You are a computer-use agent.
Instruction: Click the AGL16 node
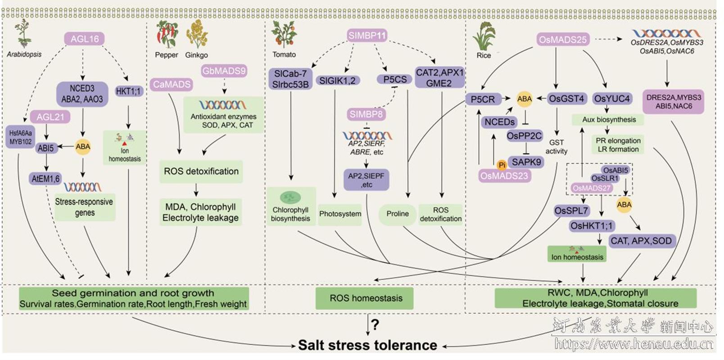click(85, 39)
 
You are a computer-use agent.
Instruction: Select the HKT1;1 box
click(128, 91)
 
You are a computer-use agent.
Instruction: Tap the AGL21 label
click(50, 117)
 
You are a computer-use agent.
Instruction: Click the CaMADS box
click(172, 84)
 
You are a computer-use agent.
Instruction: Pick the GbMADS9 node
click(224, 71)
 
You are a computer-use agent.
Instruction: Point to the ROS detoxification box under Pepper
click(201, 171)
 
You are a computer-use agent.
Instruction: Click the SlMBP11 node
click(367, 35)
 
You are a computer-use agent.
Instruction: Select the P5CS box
click(395, 80)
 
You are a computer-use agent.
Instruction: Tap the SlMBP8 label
click(366, 114)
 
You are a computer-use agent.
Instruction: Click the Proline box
click(398, 214)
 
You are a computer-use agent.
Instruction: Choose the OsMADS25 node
click(562, 40)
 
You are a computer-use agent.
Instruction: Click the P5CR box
click(483, 99)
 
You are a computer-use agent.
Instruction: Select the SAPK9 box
click(526, 162)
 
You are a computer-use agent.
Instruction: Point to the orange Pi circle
click(502, 165)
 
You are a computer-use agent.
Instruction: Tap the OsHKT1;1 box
click(591, 226)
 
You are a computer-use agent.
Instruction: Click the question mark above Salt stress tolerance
click(375, 324)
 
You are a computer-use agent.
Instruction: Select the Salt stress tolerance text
click(367, 345)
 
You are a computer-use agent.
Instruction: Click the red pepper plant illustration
click(167, 35)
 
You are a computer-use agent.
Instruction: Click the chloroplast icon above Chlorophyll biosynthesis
click(290, 197)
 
